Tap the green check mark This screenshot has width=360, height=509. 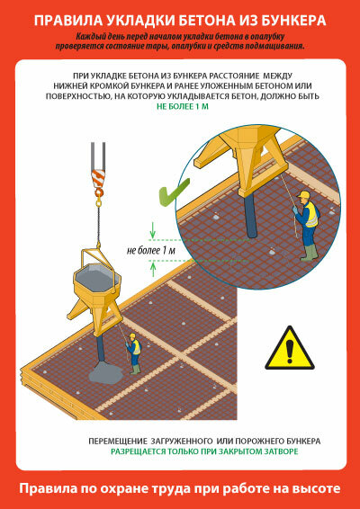(172, 194)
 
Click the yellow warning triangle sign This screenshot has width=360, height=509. (289, 349)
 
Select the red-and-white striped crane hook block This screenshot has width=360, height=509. (98, 178)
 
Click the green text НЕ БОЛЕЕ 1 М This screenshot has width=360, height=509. (183, 106)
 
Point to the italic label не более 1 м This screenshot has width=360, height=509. (150, 251)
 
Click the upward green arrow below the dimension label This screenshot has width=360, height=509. (153, 269)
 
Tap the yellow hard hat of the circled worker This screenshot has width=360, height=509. (303, 194)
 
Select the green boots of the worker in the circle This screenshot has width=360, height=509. (309, 253)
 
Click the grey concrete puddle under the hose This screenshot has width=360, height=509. (106, 372)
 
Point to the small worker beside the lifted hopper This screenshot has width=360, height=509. (134, 353)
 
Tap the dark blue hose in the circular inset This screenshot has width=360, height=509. (251, 215)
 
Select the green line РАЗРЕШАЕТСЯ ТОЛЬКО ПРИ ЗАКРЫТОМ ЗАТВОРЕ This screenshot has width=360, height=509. (204, 451)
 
